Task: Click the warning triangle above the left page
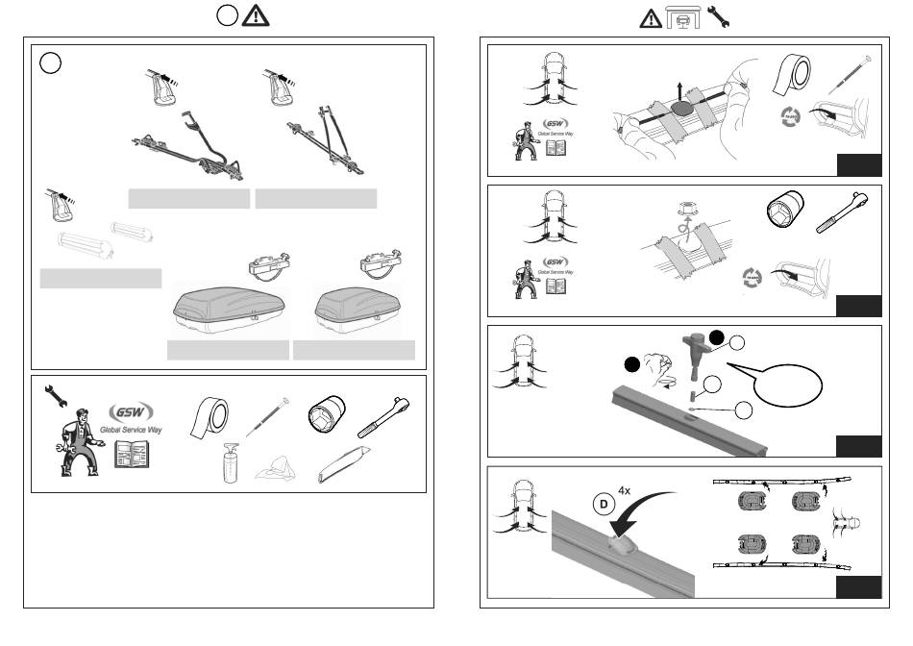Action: [x=255, y=16]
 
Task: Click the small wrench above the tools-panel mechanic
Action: [x=52, y=394]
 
